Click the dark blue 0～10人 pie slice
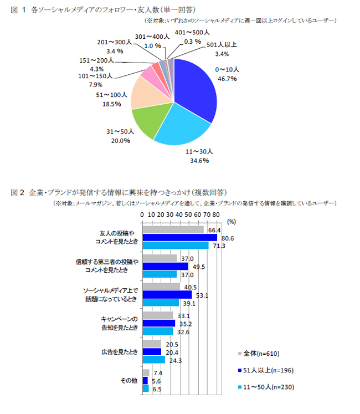194,89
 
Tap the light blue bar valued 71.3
175,245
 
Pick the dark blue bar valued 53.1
167,295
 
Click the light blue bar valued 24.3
153,359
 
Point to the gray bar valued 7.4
146,373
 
